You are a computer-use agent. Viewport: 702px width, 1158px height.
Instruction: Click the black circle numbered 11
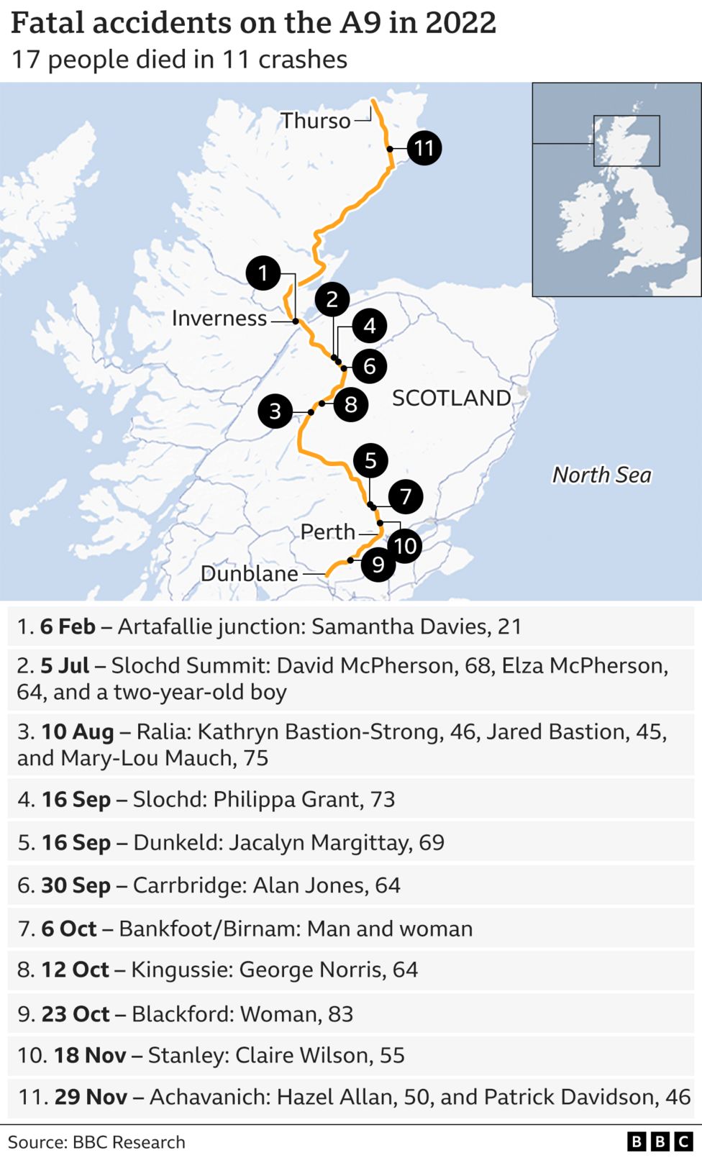(x=424, y=148)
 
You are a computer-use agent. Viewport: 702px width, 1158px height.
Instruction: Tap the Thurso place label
(x=315, y=120)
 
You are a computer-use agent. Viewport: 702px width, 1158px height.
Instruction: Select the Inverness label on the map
(x=219, y=318)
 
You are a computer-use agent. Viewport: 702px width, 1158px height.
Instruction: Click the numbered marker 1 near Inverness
(x=263, y=273)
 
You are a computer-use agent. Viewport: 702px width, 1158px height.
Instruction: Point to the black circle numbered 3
(x=275, y=411)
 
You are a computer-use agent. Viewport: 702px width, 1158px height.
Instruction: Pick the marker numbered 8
(x=351, y=404)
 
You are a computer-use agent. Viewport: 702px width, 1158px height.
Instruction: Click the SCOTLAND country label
(x=451, y=398)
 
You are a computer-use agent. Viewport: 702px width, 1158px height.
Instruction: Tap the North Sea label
(x=601, y=475)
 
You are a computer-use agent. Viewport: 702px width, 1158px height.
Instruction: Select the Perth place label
(x=328, y=532)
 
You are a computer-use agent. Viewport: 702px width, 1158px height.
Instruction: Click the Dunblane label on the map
(x=249, y=573)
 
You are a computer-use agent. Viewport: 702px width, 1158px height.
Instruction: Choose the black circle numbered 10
(x=405, y=546)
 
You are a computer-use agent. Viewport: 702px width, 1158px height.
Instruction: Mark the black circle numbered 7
(x=406, y=496)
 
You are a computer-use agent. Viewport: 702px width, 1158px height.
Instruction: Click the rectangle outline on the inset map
(x=626, y=141)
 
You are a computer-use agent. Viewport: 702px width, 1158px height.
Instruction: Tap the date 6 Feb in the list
(x=68, y=626)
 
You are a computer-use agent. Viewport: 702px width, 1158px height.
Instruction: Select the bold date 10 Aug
(x=78, y=731)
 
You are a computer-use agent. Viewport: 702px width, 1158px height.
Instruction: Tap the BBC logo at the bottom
(x=660, y=1141)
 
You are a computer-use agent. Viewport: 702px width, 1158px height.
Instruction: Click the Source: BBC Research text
(x=96, y=1142)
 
